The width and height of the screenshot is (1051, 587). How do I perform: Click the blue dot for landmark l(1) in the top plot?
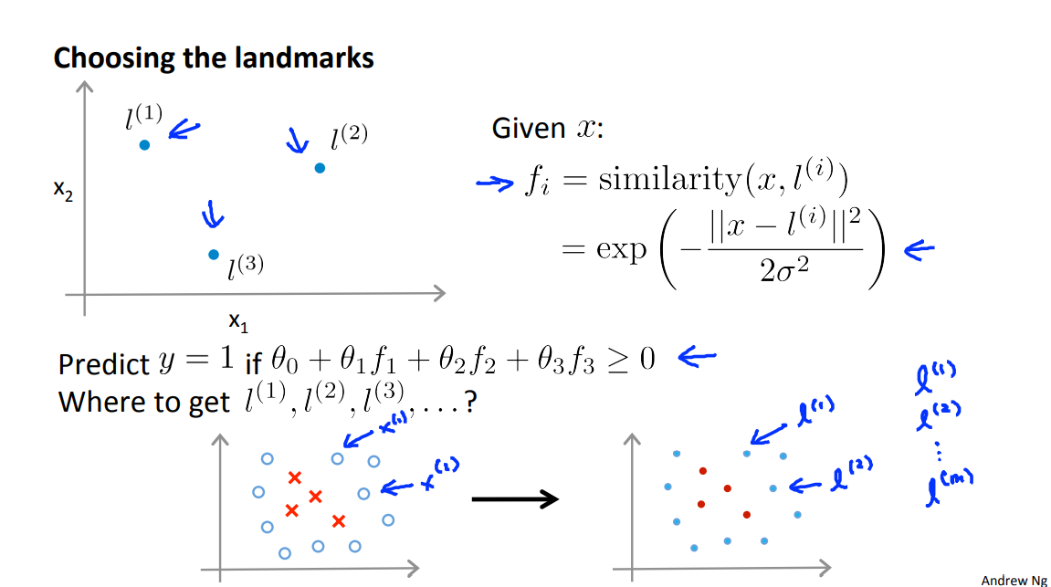144,144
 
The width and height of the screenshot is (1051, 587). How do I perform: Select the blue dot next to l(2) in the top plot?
320,168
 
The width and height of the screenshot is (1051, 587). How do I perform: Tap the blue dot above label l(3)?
214,255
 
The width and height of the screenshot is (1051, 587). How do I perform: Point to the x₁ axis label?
238,321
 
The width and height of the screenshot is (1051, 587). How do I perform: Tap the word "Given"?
529,129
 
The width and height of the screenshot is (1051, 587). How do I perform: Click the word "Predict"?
103,364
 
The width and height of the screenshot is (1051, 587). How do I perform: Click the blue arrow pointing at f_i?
495,184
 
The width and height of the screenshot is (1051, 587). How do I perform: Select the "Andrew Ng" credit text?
1013,579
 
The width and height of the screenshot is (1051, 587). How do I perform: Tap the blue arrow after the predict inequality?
696,358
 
